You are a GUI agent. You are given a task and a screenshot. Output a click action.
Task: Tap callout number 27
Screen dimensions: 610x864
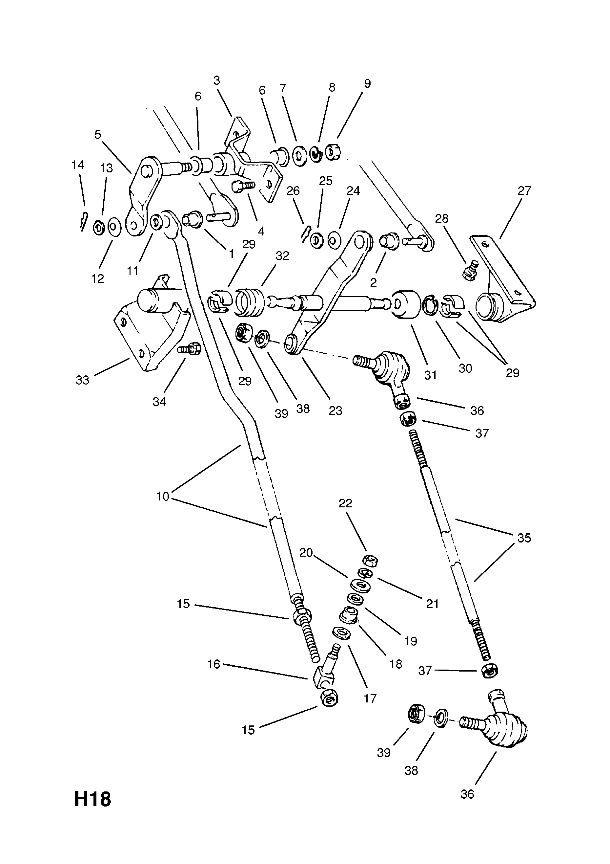coord(524,191)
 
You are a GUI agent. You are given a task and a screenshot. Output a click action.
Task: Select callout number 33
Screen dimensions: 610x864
coord(82,380)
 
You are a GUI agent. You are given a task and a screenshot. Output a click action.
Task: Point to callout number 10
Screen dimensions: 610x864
coord(163,497)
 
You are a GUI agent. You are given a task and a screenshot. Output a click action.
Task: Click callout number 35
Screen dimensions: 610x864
coord(524,538)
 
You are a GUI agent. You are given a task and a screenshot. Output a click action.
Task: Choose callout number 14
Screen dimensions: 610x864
coord(78,165)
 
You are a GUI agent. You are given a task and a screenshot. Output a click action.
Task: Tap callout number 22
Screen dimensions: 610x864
coord(345,503)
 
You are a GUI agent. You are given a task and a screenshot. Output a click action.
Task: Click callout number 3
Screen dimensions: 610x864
coord(216,80)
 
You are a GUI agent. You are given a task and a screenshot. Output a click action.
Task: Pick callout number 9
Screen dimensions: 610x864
coord(367,83)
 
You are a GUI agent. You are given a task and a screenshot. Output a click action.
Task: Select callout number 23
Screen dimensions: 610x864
coord(335,410)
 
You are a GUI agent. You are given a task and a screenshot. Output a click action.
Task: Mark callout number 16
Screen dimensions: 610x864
coord(213,664)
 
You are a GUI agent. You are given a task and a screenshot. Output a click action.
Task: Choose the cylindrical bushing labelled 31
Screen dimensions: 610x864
coord(406,304)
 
